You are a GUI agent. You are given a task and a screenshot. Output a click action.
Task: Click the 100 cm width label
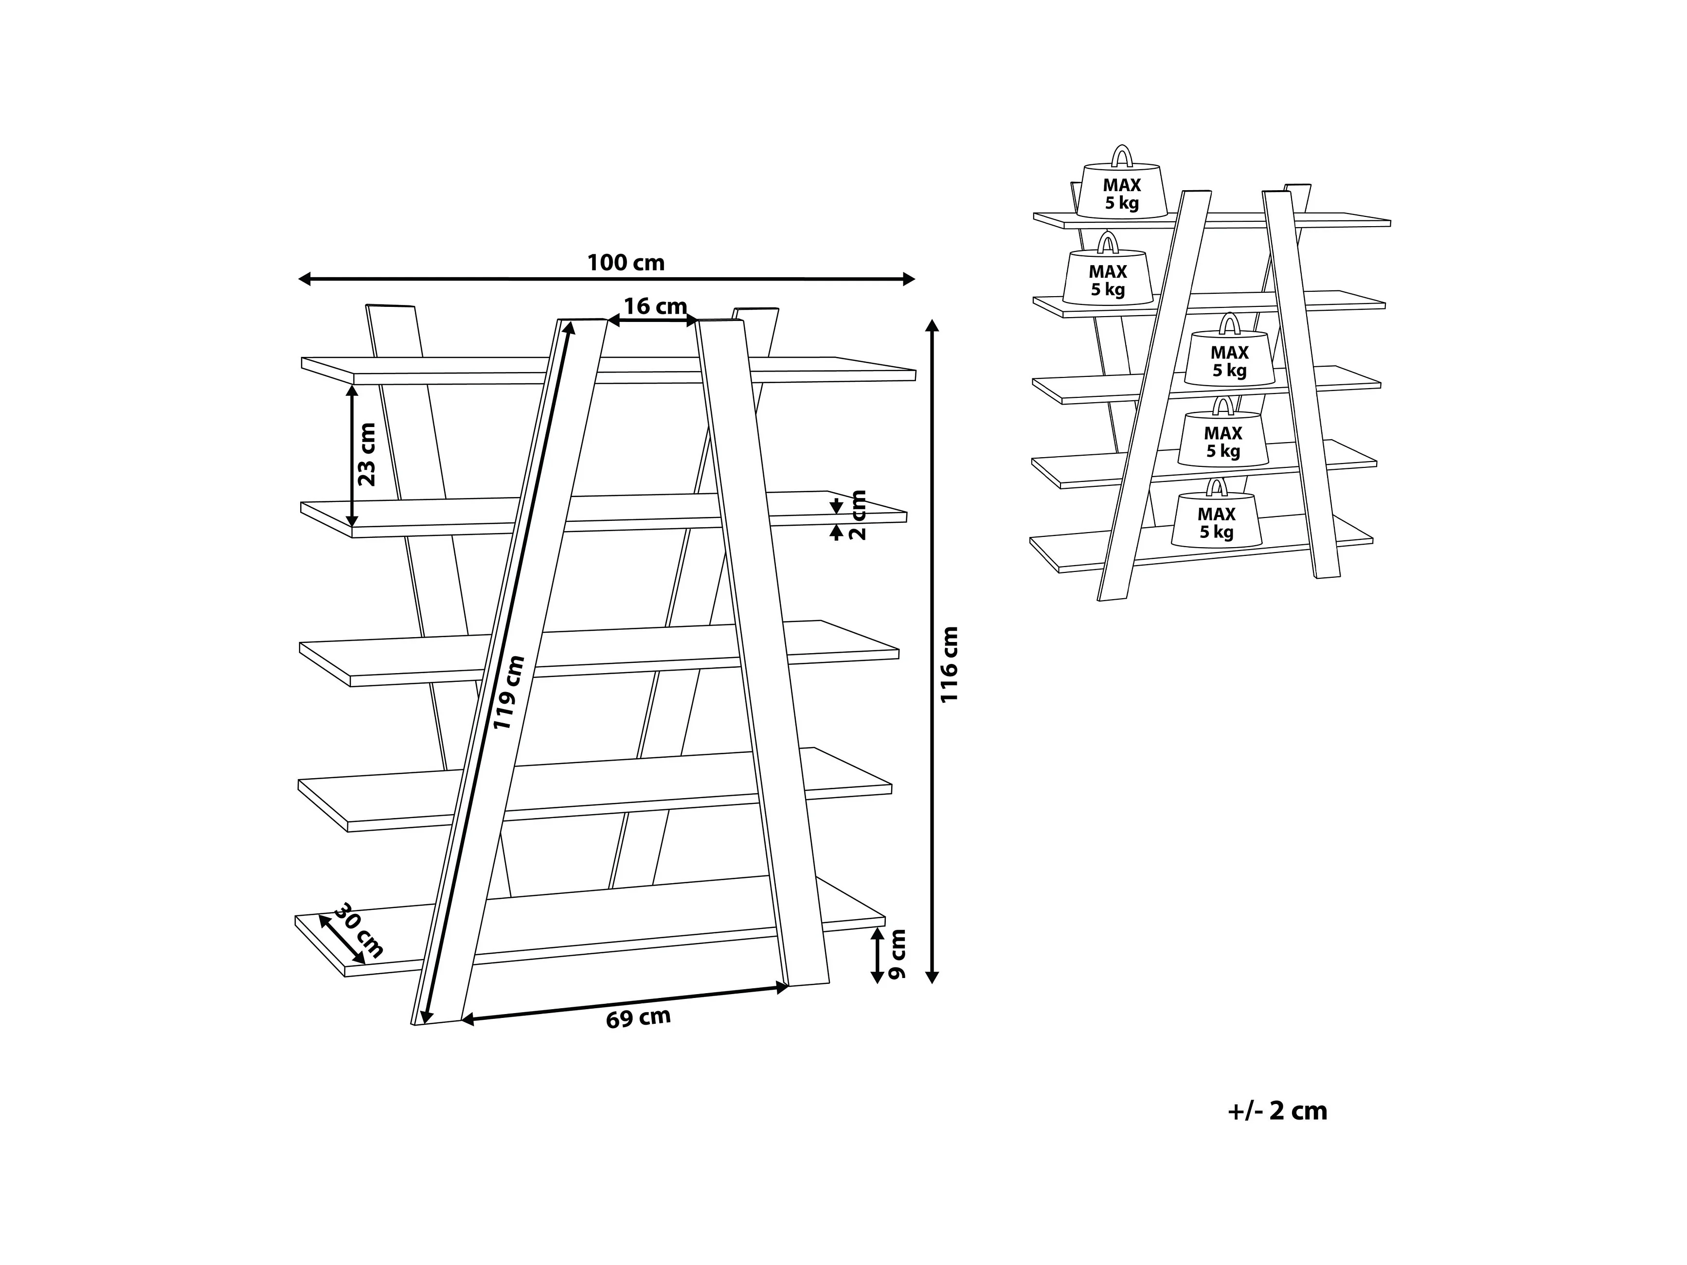click(x=626, y=263)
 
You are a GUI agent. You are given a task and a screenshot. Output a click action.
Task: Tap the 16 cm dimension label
click(x=655, y=306)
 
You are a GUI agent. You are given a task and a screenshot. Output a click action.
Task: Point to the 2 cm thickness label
click(x=859, y=516)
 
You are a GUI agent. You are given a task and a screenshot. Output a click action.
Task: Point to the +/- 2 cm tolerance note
click(x=1277, y=1111)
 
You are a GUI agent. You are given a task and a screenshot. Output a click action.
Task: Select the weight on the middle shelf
click(x=1229, y=358)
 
